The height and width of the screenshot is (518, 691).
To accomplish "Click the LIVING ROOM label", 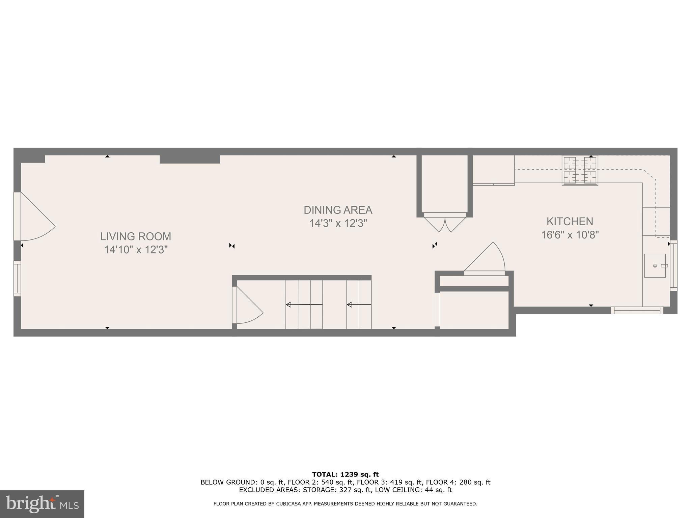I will (x=136, y=236).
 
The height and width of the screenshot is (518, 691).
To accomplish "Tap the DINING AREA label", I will (x=338, y=210).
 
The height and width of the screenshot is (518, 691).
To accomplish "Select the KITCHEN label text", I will (x=570, y=222).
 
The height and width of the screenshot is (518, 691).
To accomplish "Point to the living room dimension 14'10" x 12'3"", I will (x=136, y=250).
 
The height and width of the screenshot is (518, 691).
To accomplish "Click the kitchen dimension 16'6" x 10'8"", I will (x=570, y=235).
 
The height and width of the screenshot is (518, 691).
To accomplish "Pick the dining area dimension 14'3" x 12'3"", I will (x=338, y=223).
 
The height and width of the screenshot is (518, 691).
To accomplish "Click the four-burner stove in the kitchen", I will (x=580, y=170).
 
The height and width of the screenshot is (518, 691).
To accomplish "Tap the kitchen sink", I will (x=655, y=266).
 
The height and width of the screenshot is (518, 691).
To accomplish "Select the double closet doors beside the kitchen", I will (x=445, y=224).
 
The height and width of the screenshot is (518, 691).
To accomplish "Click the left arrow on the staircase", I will (x=304, y=305).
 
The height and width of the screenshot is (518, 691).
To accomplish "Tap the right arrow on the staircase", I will (x=359, y=305).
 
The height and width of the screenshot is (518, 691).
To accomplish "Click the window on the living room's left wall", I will (x=17, y=278).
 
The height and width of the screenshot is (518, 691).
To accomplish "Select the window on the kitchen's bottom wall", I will (x=637, y=310).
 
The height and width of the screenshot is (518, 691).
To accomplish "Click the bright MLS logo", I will (x=42, y=504).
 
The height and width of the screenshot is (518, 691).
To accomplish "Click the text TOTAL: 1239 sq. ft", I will (x=345, y=474).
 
